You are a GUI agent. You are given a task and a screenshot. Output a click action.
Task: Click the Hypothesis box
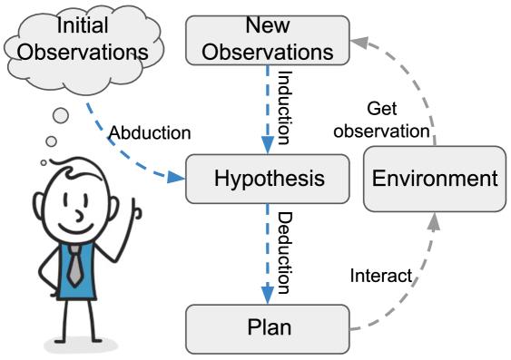coord(268,179)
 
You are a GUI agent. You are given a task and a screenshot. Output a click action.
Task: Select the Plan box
coord(268,329)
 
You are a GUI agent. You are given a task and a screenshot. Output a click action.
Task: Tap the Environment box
coord(435,179)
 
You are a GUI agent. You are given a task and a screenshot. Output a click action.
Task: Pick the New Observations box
coord(268,40)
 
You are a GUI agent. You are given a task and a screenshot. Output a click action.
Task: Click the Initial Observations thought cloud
coord(84,49)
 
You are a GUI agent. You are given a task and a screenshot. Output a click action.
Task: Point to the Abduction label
coord(150,132)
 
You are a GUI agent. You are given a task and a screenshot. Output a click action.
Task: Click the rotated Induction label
coord(283,108)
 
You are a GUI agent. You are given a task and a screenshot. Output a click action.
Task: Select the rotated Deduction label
coord(283,253)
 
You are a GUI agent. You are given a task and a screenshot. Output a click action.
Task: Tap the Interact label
coord(380,276)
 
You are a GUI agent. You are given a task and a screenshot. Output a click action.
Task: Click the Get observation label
coord(381,120)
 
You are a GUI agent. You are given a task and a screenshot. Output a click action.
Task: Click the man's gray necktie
coord(75,266)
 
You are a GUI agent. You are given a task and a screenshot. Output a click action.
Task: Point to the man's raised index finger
coord(133,209)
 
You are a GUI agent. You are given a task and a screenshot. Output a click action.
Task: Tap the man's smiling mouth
coord(75,229)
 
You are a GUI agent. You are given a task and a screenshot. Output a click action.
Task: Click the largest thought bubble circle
coord(61,115)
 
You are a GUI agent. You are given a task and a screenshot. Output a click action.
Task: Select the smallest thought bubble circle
coord(44,162)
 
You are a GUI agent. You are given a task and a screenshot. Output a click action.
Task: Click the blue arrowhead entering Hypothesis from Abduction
coord(176,178)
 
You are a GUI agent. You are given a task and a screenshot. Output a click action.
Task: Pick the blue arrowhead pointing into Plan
coord(268,296)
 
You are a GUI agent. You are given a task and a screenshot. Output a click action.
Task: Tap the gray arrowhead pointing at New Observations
coord(359,43)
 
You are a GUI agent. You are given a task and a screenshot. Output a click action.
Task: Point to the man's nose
coord(80,216)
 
